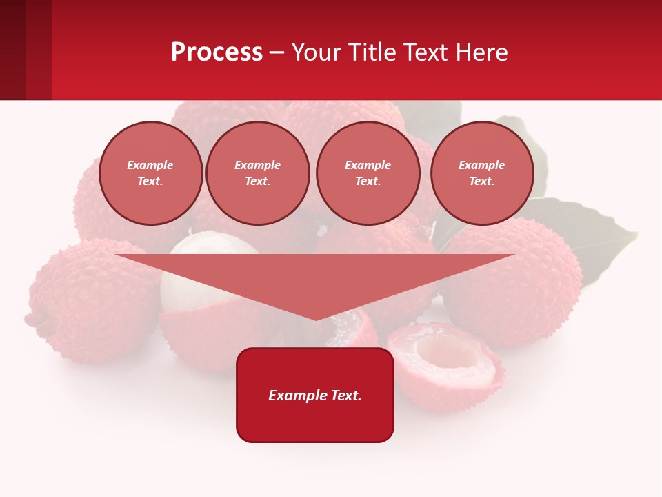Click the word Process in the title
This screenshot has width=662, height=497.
(217, 52)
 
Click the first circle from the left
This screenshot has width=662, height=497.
(151, 173)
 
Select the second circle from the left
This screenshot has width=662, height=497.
(258, 173)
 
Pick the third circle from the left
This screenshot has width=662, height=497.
(368, 173)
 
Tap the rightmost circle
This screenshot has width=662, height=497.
(482, 173)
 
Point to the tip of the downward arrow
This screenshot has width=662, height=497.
(316, 319)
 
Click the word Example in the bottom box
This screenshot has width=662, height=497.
(297, 396)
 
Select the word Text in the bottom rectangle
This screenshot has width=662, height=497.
(345, 396)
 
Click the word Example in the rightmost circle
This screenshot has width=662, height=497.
(482, 165)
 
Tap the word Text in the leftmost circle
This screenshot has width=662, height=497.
(150, 182)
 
